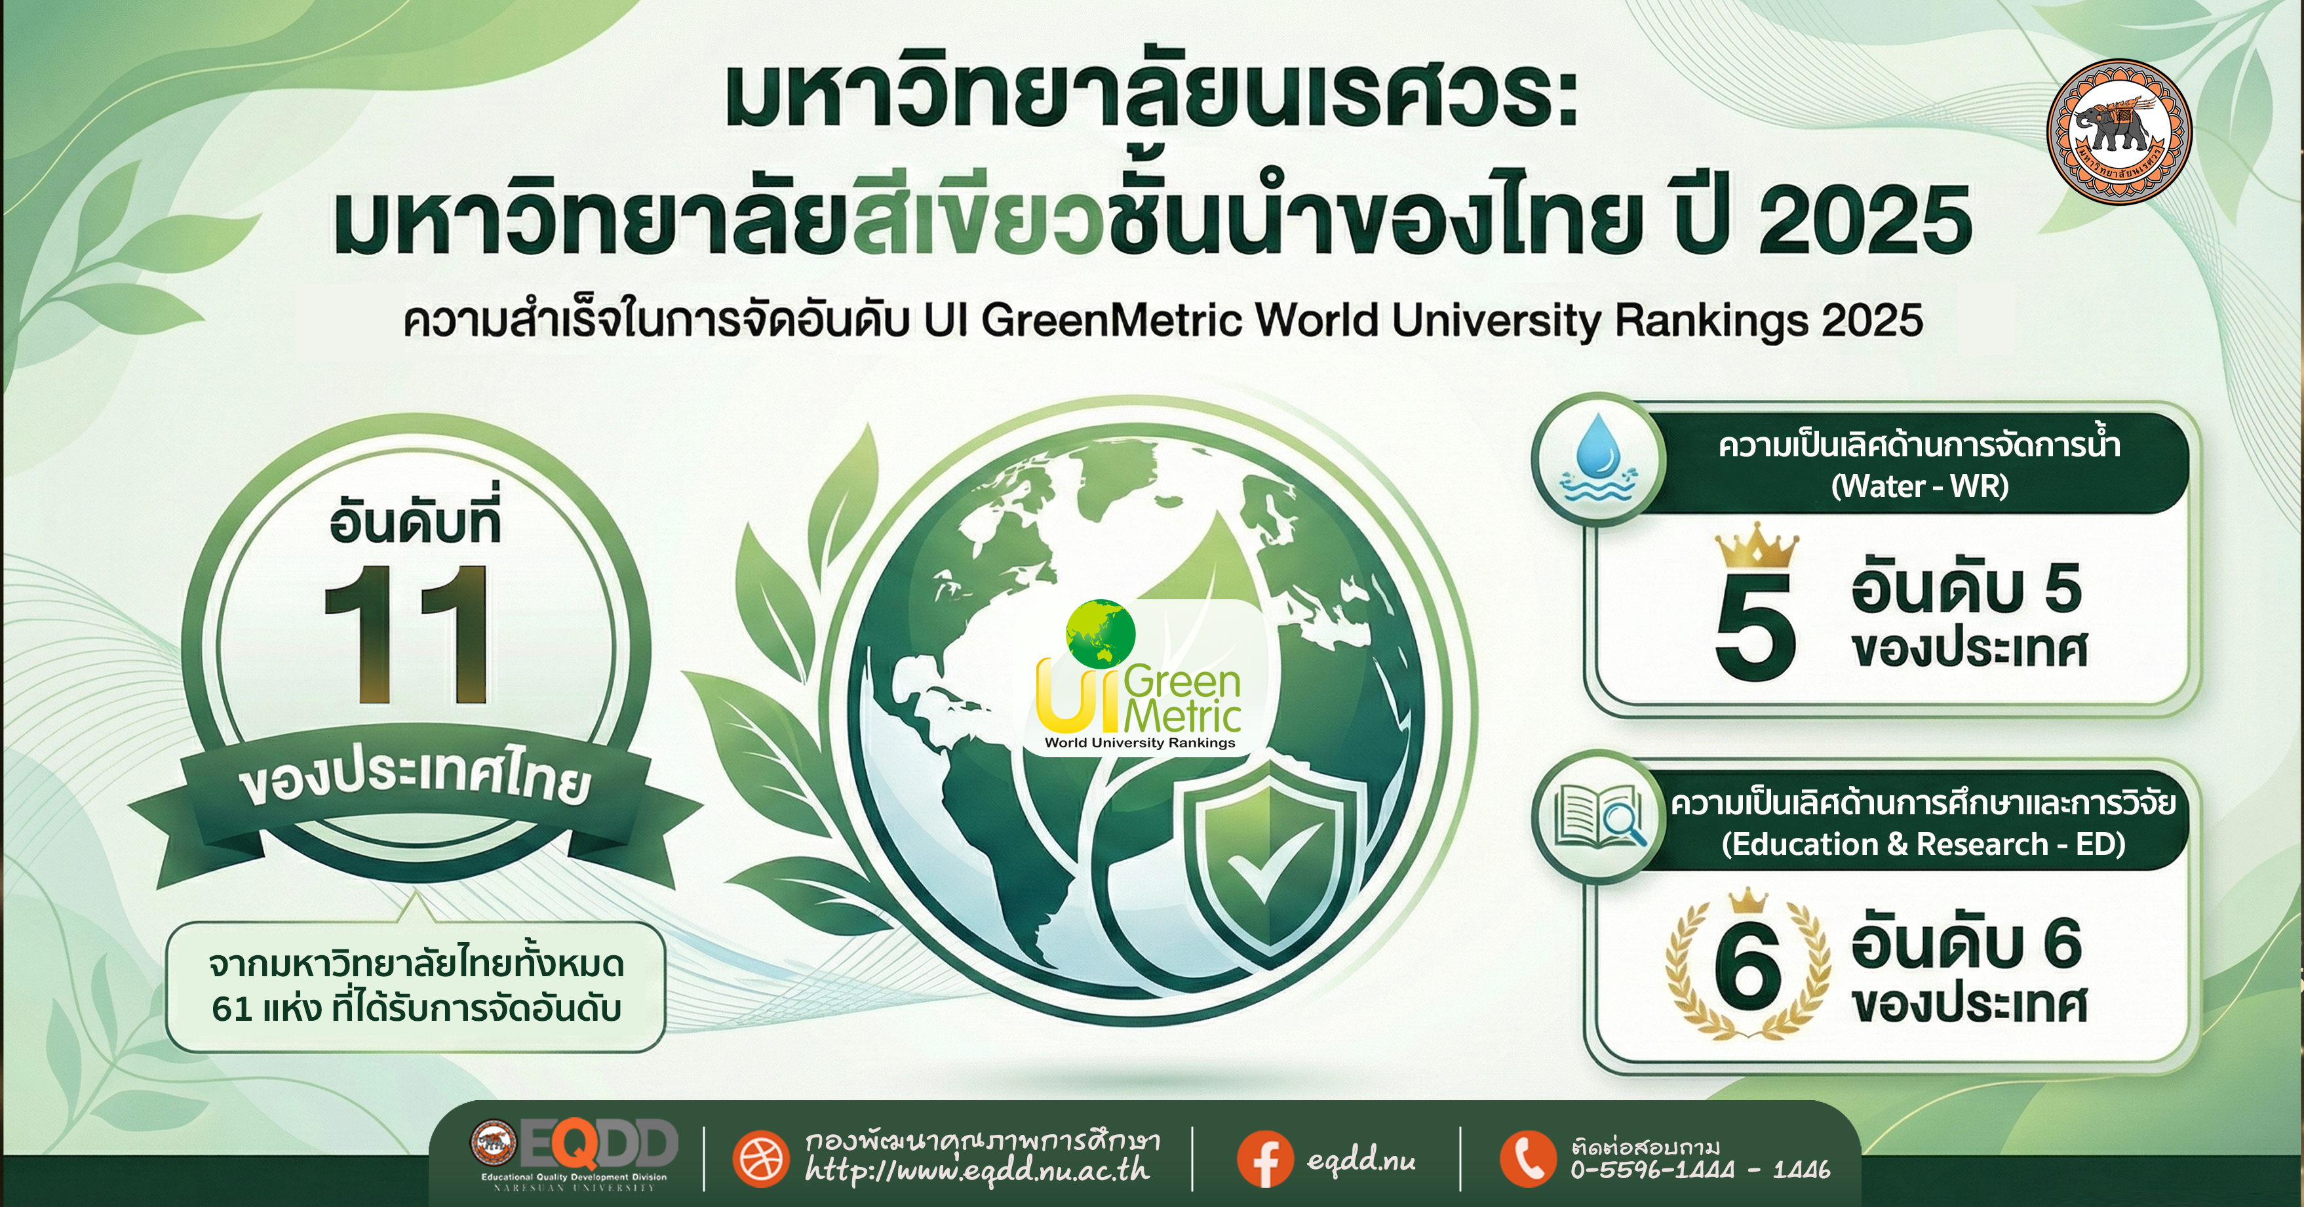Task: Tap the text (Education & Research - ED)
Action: [x=1924, y=844]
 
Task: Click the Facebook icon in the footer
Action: [x=1264, y=1160]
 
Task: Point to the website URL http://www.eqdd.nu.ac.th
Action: [x=977, y=1170]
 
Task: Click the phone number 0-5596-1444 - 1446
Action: [x=1700, y=1170]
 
